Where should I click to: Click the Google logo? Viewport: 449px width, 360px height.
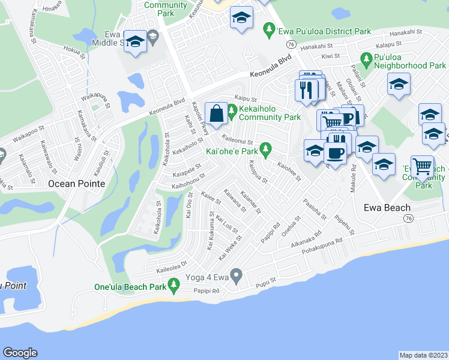(x=20, y=353)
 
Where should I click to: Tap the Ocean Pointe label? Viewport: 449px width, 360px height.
(x=76, y=184)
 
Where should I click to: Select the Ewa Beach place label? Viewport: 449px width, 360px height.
(x=388, y=208)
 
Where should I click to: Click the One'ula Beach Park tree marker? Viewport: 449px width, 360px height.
(x=174, y=287)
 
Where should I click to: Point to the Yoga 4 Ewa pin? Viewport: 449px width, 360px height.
(x=237, y=277)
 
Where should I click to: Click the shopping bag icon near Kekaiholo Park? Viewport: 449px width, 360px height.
(x=216, y=112)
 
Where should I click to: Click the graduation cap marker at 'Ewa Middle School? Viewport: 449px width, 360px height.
(x=136, y=41)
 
